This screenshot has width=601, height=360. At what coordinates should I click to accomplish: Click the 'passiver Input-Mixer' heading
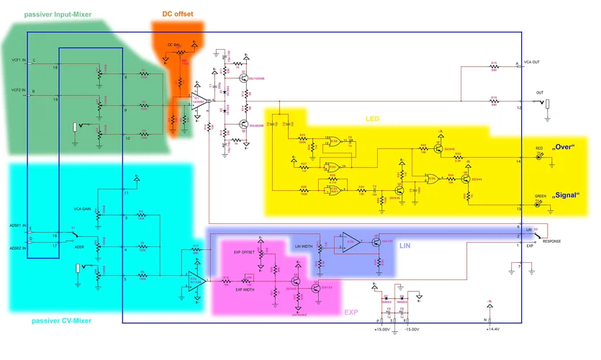(x=58, y=14)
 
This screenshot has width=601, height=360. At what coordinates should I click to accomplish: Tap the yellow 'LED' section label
(x=372, y=118)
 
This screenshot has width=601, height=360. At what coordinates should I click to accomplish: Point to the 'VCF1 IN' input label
(x=19, y=60)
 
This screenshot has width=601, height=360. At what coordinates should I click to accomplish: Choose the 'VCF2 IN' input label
(x=19, y=91)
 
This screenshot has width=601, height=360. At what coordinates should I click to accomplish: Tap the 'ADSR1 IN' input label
(x=18, y=227)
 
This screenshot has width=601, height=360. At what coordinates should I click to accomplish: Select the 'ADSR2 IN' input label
(x=18, y=248)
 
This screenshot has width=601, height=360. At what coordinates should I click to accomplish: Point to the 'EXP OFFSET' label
(x=244, y=251)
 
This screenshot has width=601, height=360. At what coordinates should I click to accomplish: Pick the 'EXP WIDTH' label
(x=245, y=289)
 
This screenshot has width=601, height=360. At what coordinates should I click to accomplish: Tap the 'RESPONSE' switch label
(x=551, y=241)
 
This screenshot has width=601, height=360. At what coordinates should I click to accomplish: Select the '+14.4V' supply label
(x=492, y=329)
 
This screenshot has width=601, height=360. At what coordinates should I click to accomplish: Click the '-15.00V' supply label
(x=412, y=329)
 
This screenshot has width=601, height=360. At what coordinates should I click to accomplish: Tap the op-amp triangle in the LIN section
(x=351, y=241)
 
